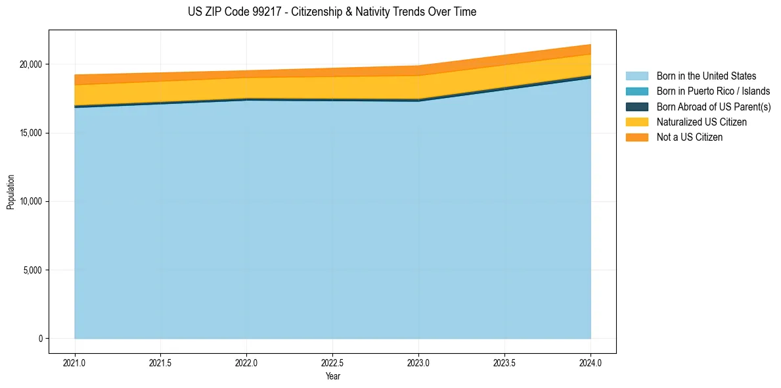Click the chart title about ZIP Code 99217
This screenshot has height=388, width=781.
click(x=332, y=12)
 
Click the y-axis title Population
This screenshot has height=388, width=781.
click(x=11, y=191)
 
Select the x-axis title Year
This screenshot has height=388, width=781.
click(x=332, y=376)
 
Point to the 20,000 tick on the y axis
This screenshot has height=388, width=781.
click(x=30, y=64)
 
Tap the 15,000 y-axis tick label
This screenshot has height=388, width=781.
click(x=30, y=133)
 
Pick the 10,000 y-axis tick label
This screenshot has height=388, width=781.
click(x=30, y=201)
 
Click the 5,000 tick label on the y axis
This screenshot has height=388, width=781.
click(x=32, y=270)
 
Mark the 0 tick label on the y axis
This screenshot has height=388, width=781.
click(x=40, y=339)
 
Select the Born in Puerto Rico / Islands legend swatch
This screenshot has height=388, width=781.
click(x=636, y=91)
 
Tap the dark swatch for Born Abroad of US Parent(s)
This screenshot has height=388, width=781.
click(x=636, y=107)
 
